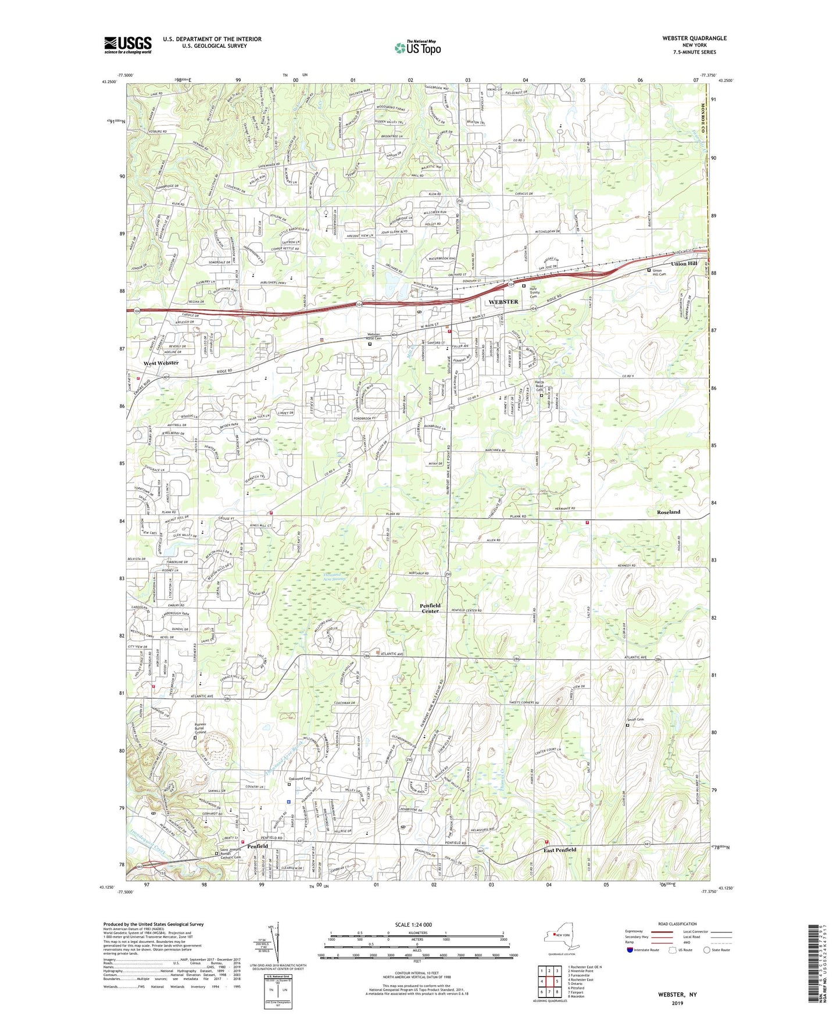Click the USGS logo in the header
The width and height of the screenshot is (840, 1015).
[128, 45]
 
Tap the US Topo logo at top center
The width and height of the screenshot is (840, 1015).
[417, 48]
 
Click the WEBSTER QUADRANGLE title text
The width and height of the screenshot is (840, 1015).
[694, 38]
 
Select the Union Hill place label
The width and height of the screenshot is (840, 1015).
[684, 263]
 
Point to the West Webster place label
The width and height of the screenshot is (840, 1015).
[161, 363]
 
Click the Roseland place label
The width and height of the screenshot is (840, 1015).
[668, 512]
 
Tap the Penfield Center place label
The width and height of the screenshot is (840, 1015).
[430, 608]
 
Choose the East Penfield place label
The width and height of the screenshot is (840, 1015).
[560, 850]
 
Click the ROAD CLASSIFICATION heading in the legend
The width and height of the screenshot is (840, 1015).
[677, 924]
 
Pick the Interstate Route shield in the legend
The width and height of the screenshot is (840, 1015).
[631, 950]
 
